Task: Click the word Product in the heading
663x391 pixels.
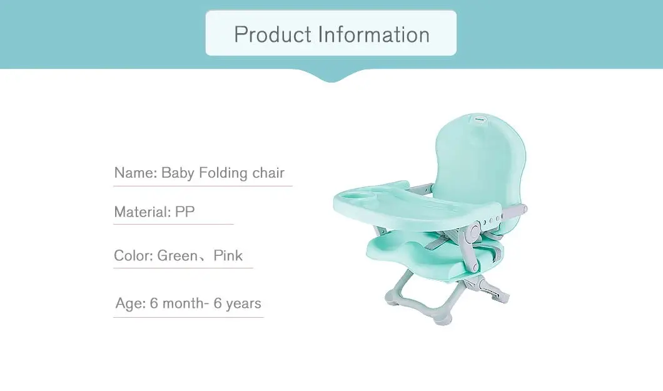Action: [273, 34]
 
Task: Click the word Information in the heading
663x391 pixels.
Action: [374, 34]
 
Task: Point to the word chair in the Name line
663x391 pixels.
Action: [268, 173]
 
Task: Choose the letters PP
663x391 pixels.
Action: [185, 211]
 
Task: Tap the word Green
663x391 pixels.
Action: [177, 255]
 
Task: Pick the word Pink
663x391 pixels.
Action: [228, 255]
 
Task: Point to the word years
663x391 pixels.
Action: [243, 303]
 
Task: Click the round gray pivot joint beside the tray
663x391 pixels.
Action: [473, 231]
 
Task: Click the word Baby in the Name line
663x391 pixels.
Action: [178, 173]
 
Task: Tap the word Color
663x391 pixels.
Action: [133, 255]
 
